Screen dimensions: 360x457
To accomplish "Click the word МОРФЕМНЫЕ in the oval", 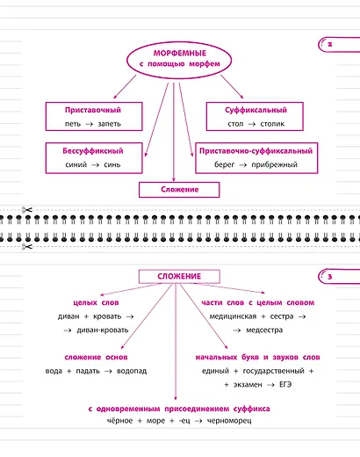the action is click(x=180, y=54).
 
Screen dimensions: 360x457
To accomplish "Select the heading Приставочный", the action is click(x=93, y=110).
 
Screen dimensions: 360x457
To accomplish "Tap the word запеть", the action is click(x=110, y=124).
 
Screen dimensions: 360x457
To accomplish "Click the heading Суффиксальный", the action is click(x=256, y=110).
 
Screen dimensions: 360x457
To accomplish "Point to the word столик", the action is click(x=272, y=124).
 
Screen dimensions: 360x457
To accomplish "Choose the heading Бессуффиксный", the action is click(x=93, y=151).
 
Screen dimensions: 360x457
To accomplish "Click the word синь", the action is click(x=112, y=164).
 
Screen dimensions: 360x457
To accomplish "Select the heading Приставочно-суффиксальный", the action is click(x=256, y=151).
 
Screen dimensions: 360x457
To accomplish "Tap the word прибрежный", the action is click(x=275, y=164).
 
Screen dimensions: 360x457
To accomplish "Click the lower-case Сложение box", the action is click(x=179, y=190).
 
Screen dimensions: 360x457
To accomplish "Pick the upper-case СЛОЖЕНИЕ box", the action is click(x=179, y=277).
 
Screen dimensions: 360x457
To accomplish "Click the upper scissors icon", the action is click(x=27, y=210).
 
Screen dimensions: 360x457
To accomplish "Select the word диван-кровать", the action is click(x=103, y=330).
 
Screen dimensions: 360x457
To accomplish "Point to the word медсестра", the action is click(x=264, y=330).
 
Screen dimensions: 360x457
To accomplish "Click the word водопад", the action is click(x=132, y=371).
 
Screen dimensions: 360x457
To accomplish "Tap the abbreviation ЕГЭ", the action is click(x=285, y=385).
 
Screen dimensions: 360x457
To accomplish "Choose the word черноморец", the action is click(x=229, y=421).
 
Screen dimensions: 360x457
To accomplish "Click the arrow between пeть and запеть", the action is click(x=89, y=124).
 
